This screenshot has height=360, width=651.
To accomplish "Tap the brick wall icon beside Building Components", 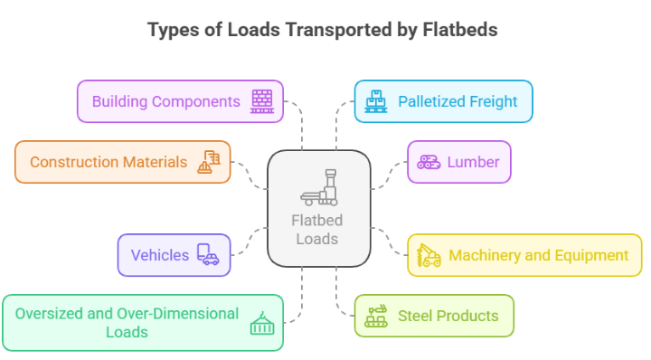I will pos(262,100).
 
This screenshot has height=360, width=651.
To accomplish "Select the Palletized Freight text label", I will pos(458,100).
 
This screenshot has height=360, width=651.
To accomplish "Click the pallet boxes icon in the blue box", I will pos(375,100).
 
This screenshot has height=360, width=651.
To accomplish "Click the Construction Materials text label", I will pos(108,162).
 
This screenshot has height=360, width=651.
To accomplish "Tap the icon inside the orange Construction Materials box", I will pos(209,162).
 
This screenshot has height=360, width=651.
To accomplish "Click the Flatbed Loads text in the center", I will pos(316,230).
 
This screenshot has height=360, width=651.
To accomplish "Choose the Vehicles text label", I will pos(160,255).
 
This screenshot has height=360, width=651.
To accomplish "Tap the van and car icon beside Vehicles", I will pos(208,255).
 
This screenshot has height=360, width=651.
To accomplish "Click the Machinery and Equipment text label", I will pos(539,255).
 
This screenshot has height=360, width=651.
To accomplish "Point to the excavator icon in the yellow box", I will pos(429,255).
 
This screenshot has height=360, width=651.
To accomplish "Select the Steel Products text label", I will pos(448,316).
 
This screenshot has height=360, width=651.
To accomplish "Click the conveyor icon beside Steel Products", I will pos(375,316).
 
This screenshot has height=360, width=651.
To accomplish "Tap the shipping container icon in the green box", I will pos(262,323).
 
